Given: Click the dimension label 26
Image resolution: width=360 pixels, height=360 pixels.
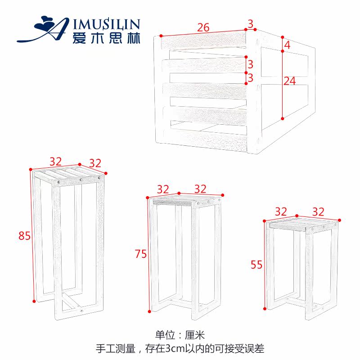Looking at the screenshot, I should (203, 28).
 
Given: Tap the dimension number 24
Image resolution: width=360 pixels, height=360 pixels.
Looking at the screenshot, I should (290, 81).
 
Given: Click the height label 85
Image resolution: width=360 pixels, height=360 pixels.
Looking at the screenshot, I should (25, 235).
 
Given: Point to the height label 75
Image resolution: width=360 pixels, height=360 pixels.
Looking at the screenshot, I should (141, 254).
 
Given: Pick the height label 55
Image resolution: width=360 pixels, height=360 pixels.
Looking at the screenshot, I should (256, 265).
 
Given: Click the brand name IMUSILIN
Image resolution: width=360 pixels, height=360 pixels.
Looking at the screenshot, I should (106, 24).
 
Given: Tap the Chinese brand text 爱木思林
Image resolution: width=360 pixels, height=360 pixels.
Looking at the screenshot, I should (106, 38).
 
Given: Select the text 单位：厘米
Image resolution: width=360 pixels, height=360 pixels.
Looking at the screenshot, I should (180, 335).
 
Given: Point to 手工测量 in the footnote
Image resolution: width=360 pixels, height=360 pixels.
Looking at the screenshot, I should (115, 348).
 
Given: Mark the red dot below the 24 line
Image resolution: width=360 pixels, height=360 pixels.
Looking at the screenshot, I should (283, 118).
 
